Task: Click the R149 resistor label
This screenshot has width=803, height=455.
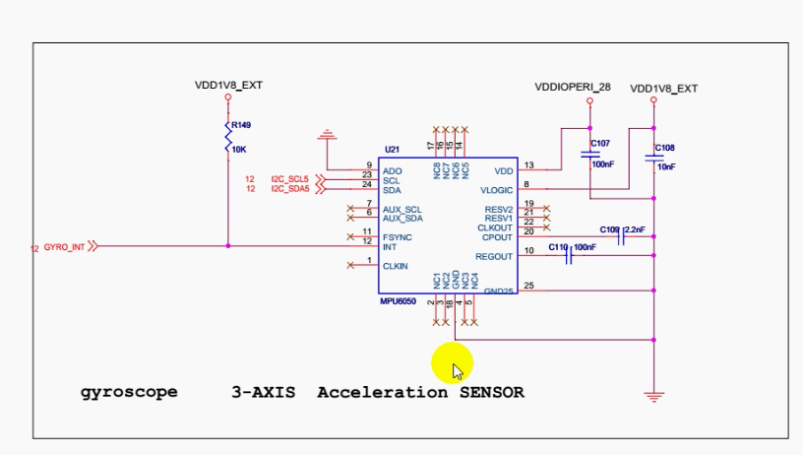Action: pyautogui.click(x=241, y=125)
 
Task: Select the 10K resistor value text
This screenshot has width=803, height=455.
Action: pyautogui.click(x=239, y=149)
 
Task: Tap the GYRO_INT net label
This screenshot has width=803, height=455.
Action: pyautogui.click(x=65, y=247)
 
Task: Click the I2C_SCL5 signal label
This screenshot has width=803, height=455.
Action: pyautogui.click(x=290, y=178)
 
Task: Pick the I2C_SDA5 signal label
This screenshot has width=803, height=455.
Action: pyautogui.click(x=290, y=188)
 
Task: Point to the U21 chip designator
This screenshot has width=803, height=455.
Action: pyautogui.click(x=392, y=149)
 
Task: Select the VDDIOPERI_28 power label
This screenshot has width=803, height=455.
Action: pyautogui.click(x=573, y=87)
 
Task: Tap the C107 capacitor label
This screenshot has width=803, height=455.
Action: pyautogui.click(x=600, y=144)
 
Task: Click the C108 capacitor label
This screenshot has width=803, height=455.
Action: pyautogui.click(x=665, y=148)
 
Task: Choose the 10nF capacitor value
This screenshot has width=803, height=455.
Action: pyautogui.click(x=666, y=166)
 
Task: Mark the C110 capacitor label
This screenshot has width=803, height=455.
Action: pyautogui.click(x=558, y=246)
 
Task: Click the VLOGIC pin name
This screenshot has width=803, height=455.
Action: pyautogui.click(x=497, y=189)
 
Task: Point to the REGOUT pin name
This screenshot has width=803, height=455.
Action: pyautogui.click(x=494, y=256)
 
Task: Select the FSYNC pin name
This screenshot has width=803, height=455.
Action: pyautogui.click(x=398, y=236)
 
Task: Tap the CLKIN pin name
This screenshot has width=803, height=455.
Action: pyautogui.click(x=396, y=266)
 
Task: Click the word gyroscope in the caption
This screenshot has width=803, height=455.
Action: pyautogui.click(x=129, y=392)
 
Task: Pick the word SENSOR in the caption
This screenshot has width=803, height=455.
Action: pyautogui.click(x=491, y=392)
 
